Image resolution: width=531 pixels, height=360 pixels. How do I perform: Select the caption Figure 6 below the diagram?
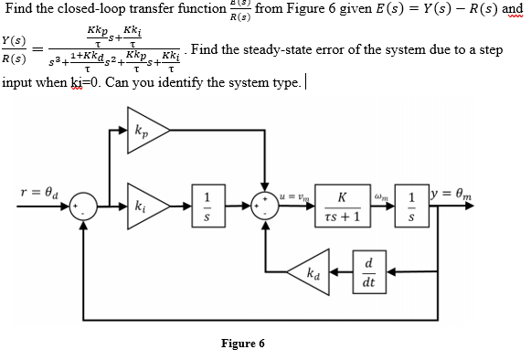tap(243, 344)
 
